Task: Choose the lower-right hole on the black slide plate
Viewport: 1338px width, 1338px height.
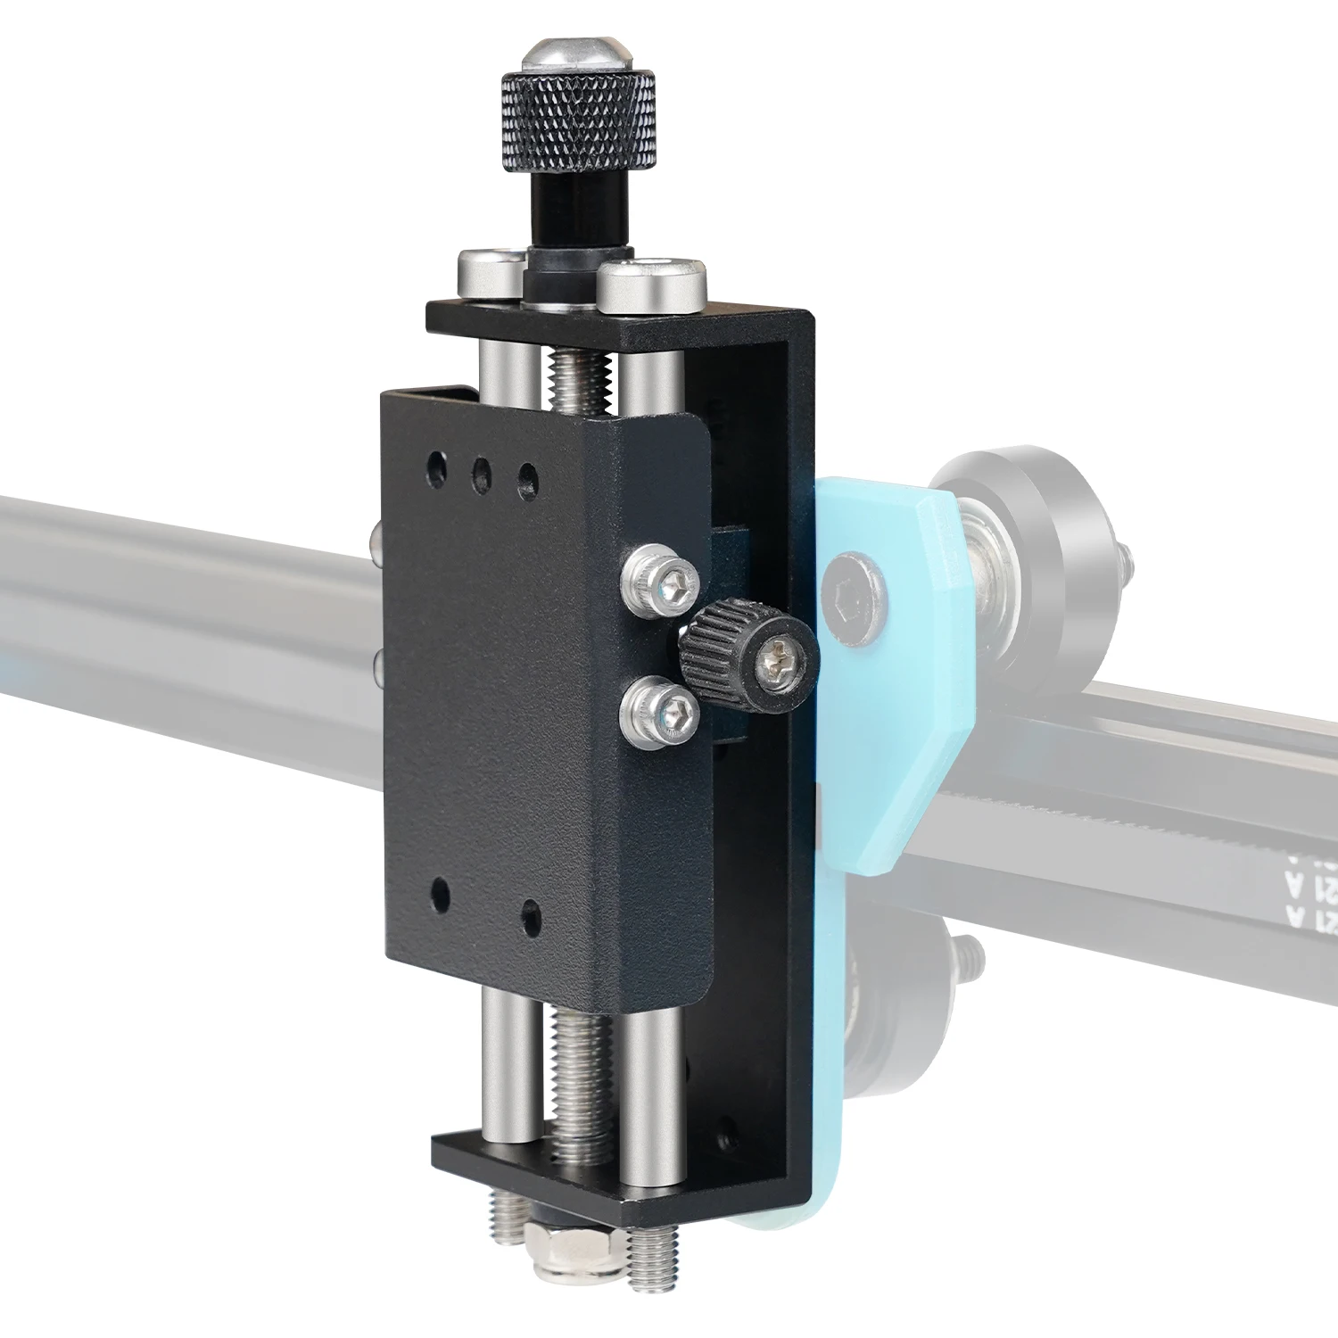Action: (x=531, y=914)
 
